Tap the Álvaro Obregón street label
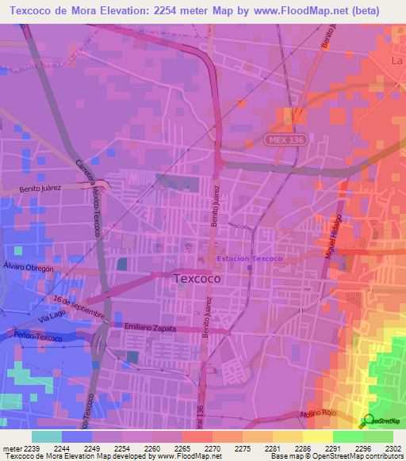tap(28, 268)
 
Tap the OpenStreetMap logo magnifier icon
tap(367, 421)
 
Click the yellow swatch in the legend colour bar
tap(317, 436)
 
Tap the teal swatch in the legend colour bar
tap(46, 436)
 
